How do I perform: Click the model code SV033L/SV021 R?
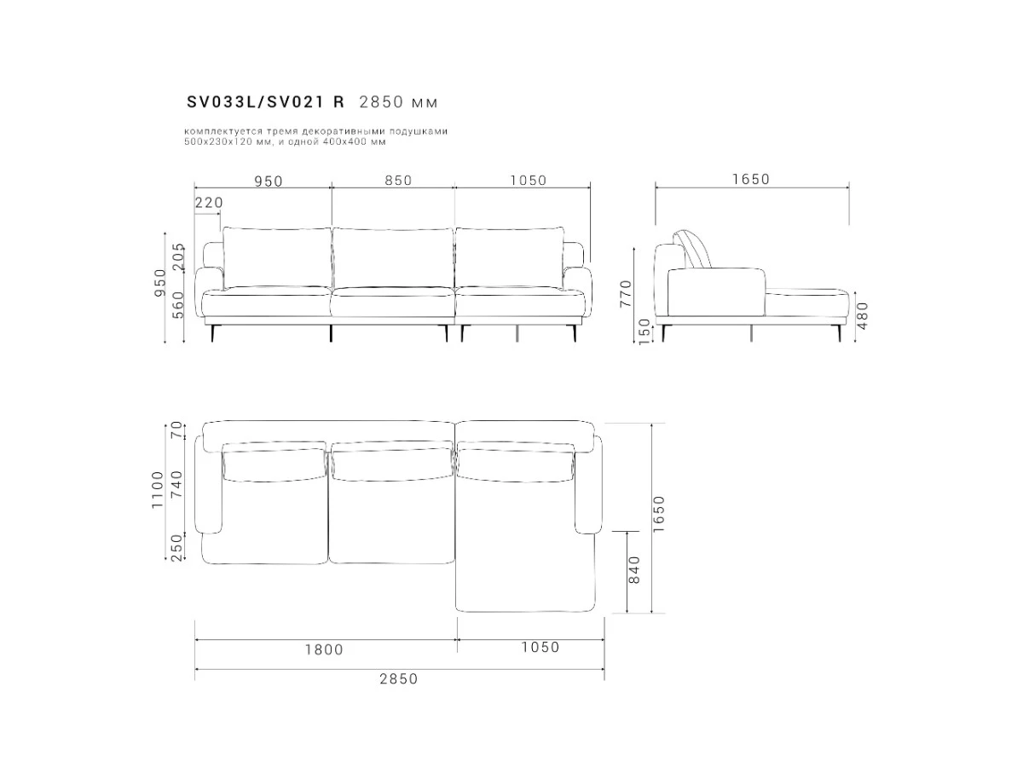coord(265,102)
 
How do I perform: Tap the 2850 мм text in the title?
coord(398,102)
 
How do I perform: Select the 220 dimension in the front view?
coord(209,203)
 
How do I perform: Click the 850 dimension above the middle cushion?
coord(398,180)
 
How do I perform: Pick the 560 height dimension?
coord(178,305)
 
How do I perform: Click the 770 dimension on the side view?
coord(625,293)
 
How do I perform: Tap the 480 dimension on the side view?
coord(862,315)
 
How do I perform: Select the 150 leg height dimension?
coord(644,332)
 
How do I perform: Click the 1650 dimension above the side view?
coord(751,179)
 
